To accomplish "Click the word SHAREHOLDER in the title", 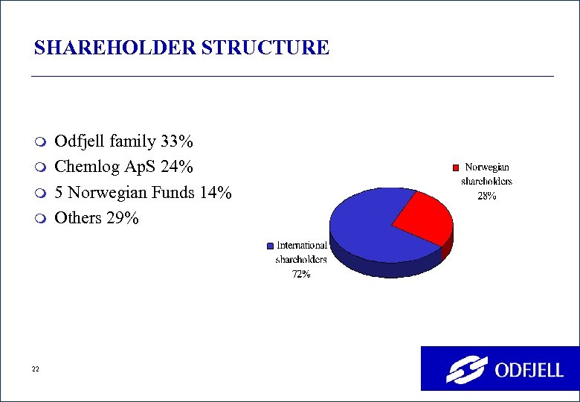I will click(106, 48).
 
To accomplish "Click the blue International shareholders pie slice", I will click(364, 227).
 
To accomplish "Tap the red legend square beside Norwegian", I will click(457, 167).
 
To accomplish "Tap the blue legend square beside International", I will click(271, 246).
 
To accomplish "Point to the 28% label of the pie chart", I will click(486, 197).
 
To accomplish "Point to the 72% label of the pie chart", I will click(300, 275).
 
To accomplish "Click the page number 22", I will click(35, 369).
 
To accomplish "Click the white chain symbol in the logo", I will click(466, 368).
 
